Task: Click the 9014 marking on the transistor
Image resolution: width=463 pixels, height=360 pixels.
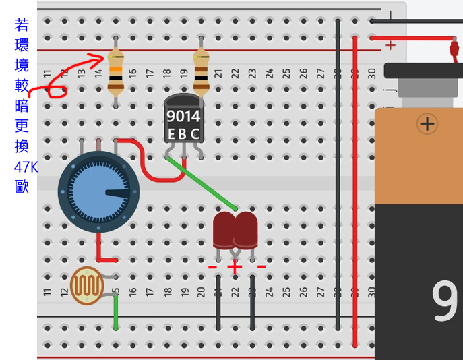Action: (x=183, y=116)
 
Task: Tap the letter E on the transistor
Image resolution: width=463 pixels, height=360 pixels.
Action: (x=171, y=133)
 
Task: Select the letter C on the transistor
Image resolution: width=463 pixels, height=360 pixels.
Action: (x=195, y=133)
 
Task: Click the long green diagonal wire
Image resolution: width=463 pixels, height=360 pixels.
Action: (x=202, y=183)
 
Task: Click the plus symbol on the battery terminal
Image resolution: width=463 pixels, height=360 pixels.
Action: (x=427, y=123)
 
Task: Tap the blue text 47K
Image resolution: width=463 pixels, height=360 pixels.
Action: (x=26, y=167)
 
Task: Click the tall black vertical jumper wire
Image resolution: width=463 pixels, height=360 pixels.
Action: (x=338, y=175)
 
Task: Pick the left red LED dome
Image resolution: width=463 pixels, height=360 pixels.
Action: (x=224, y=229)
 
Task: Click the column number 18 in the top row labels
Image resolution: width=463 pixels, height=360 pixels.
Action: (x=166, y=72)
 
